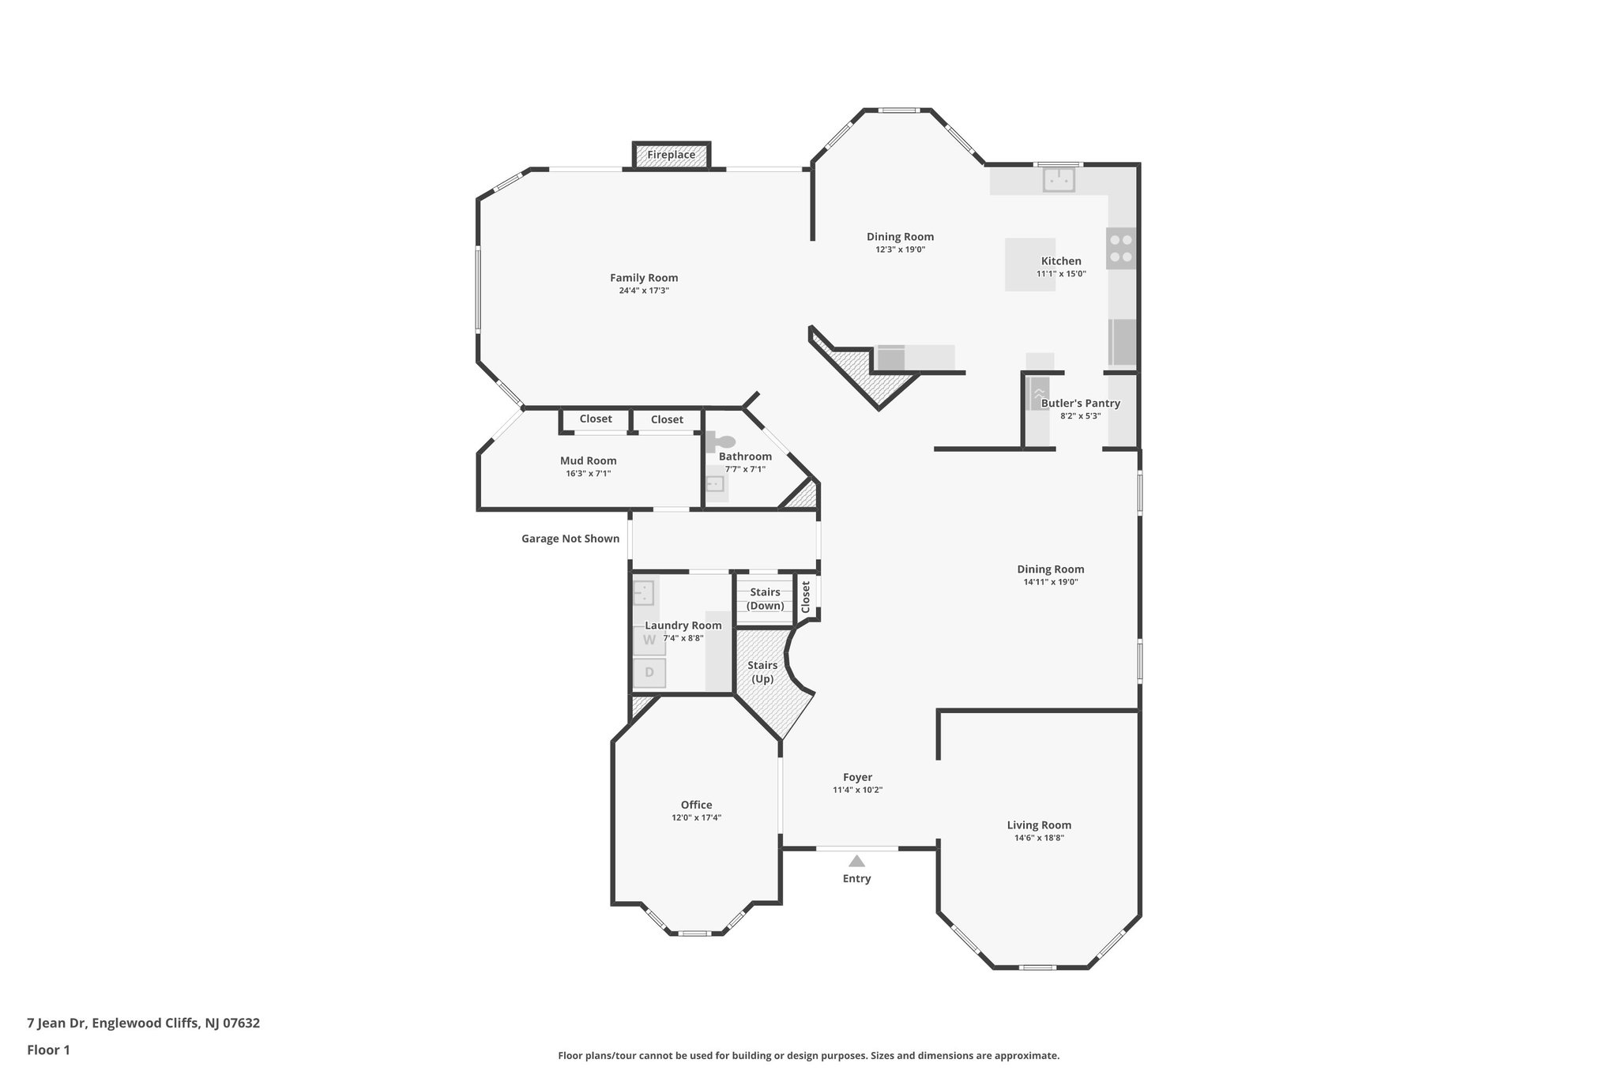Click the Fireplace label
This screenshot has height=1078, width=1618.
click(671, 155)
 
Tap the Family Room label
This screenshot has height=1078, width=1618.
click(644, 278)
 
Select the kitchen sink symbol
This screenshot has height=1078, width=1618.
click(1059, 180)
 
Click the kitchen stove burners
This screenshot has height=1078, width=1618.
click(1120, 248)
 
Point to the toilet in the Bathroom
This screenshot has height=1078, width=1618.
click(721, 442)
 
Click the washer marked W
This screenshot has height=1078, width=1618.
click(649, 640)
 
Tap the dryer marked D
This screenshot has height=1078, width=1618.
click(649, 673)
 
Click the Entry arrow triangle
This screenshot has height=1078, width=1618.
click(856, 861)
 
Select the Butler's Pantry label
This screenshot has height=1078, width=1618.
click(1080, 404)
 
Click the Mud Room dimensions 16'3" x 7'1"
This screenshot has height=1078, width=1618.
click(588, 474)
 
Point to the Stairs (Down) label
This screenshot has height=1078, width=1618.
click(765, 599)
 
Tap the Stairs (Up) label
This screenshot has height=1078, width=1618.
click(762, 672)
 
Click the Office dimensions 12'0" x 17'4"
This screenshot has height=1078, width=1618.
click(696, 818)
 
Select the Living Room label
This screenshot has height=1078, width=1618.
click(1039, 825)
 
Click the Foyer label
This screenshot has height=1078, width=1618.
click(857, 777)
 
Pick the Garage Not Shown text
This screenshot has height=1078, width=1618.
click(570, 539)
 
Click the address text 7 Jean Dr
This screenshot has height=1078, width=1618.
click(143, 1024)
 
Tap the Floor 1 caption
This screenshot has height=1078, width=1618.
click(48, 1050)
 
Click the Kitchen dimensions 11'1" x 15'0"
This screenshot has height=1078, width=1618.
click(1061, 274)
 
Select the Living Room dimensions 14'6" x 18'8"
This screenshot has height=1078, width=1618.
click(1039, 838)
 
